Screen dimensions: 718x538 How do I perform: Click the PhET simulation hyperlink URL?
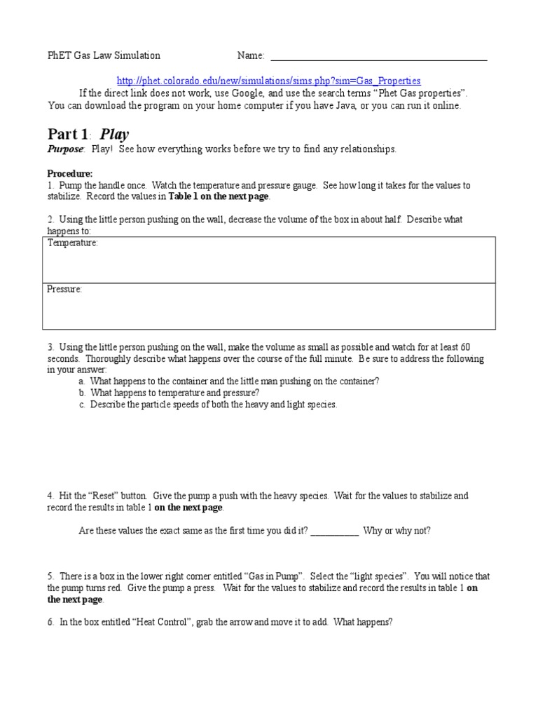coord(268,81)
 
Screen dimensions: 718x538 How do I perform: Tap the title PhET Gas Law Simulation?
coord(104,55)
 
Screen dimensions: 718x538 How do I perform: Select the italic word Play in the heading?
coord(115,134)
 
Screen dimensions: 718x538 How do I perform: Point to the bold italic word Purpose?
coord(65,149)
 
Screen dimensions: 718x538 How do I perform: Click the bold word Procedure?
coord(69,173)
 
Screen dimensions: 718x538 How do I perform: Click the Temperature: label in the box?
coord(72,243)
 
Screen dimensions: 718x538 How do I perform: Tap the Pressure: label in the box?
coord(64,289)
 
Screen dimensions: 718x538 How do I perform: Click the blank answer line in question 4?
coord(334,531)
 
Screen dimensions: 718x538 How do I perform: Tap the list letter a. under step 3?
coord(83,381)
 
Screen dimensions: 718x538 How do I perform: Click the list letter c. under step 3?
coord(83,405)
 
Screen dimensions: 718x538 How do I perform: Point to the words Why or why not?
coord(397,531)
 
